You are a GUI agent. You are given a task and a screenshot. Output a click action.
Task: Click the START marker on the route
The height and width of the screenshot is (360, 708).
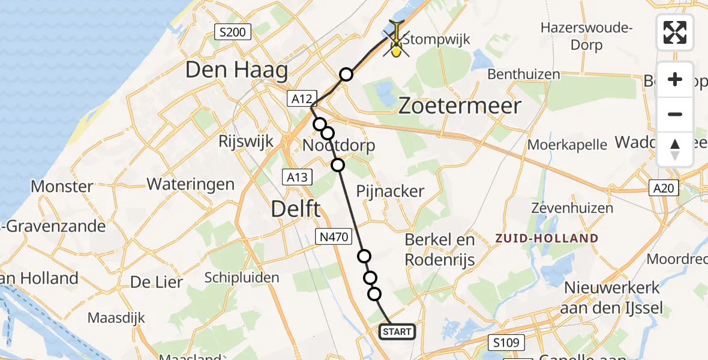tap(397, 332)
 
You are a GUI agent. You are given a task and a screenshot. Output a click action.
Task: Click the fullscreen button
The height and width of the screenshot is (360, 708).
tap(675, 32)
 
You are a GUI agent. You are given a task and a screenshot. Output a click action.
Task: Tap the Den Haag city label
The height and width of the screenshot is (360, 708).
tap(236, 71)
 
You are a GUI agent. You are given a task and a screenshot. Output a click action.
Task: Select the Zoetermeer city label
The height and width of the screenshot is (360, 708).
tap(460, 106)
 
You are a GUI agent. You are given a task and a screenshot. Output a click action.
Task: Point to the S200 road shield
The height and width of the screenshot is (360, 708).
tap(232, 32)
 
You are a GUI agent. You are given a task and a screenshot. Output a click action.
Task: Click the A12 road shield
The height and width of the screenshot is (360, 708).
tap(301, 99)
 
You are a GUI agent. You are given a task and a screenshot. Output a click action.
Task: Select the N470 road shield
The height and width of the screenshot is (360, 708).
tap(333, 237)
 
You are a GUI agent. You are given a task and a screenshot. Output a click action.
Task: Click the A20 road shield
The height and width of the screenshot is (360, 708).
tap(664, 189)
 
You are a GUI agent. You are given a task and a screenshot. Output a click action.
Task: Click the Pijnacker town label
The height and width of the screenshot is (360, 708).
tap(390, 192)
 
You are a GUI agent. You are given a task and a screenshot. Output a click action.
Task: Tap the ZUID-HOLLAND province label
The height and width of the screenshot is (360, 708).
tap(547, 238)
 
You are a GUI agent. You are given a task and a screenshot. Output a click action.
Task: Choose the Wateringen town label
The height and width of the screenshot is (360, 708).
tap(190, 184)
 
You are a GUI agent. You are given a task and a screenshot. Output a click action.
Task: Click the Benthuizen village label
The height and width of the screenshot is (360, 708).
tap(524, 74)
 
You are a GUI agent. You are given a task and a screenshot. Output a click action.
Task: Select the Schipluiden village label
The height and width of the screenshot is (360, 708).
tap(242, 278)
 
